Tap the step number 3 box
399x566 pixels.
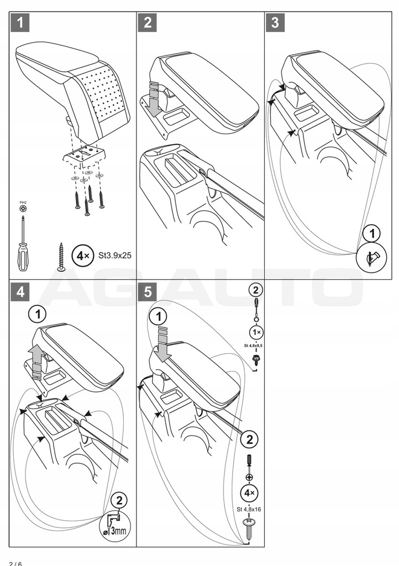275,23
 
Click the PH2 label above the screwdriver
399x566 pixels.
23,203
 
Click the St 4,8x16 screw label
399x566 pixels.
248,510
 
